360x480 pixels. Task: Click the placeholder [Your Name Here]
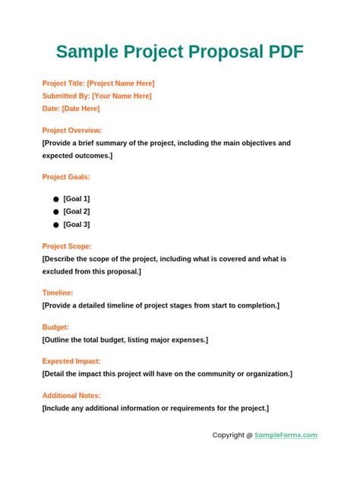click(122, 96)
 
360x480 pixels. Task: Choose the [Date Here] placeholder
click(81, 109)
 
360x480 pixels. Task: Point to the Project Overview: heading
click(72, 130)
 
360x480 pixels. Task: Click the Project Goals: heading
click(66, 177)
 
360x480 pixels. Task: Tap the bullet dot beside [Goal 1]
click(55, 198)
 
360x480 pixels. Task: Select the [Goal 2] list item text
click(77, 211)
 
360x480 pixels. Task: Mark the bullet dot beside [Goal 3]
click(55, 225)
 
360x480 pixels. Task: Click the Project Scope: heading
click(67, 246)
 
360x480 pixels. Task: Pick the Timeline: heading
click(58, 292)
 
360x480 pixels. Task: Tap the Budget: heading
click(55, 327)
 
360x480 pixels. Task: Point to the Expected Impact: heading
click(71, 361)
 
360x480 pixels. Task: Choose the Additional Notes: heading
click(71, 395)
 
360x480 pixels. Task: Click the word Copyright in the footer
click(227, 435)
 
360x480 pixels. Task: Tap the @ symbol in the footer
click(249, 435)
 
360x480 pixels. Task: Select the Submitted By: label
click(66, 96)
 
